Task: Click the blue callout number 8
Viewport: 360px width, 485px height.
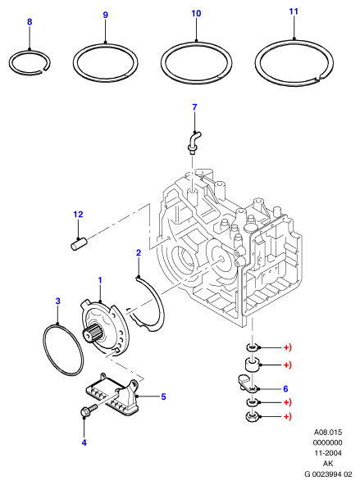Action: [x=30, y=21]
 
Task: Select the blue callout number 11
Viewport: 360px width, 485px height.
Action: [x=294, y=11]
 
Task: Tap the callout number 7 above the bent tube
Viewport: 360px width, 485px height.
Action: [x=194, y=107]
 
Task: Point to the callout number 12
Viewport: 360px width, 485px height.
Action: [x=78, y=214]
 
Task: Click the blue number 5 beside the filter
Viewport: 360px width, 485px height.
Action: [x=163, y=397]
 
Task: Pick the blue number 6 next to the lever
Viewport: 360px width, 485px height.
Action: [x=285, y=388]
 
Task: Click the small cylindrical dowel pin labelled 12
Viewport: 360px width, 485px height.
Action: [x=79, y=243]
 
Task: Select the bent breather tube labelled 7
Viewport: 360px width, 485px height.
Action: [x=194, y=142]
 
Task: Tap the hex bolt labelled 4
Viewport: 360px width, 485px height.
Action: [x=89, y=410]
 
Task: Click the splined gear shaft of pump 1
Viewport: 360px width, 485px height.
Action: [x=92, y=334]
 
